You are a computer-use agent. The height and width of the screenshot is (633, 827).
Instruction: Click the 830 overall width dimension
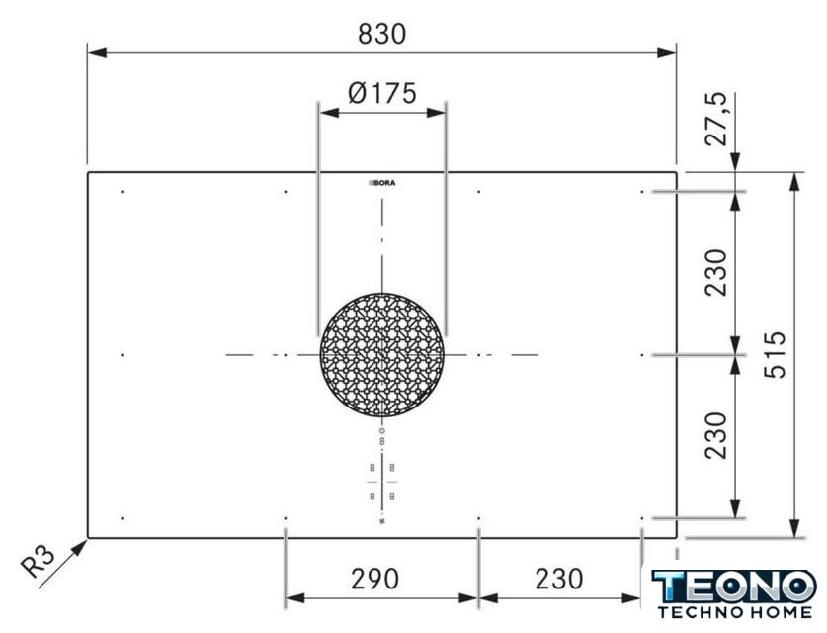point(381,34)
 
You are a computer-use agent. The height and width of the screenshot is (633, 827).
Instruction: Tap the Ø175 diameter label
point(381,93)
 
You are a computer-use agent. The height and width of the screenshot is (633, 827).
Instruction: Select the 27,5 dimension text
point(715,120)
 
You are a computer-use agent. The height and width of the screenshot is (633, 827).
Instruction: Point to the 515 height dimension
point(775,355)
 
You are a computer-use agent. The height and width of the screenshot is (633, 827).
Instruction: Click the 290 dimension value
point(375,580)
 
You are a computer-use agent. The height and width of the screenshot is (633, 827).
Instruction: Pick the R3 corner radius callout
point(38,561)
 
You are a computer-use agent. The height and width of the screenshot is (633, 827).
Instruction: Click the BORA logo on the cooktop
point(381,183)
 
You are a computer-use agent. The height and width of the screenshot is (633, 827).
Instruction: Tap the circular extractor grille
point(381,355)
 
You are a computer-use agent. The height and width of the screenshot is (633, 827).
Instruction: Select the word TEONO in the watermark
point(734,586)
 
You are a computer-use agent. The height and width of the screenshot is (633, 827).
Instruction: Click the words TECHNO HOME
point(735,612)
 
